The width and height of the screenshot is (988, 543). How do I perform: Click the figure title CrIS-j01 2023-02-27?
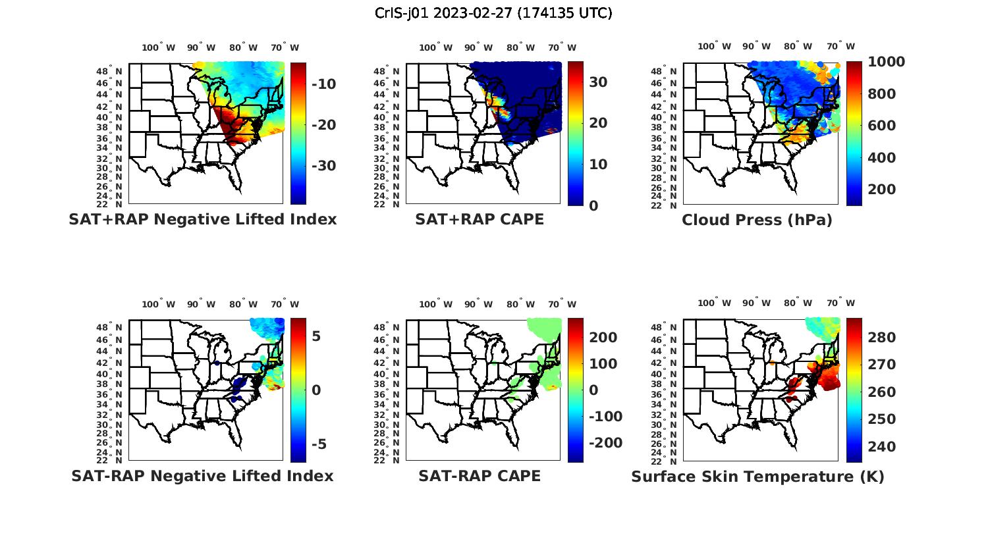click(x=493, y=13)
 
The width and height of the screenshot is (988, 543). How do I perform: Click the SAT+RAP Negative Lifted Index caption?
click(x=203, y=219)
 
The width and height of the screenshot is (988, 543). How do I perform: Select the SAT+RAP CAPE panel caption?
click(x=480, y=219)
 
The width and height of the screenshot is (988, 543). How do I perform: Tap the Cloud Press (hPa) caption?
click(x=757, y=220)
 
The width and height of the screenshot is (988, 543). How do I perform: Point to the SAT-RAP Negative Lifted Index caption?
click(x=202, y=476)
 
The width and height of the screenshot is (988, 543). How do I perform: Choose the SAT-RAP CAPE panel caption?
click(x=480, y=476)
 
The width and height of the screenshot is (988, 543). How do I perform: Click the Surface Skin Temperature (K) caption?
click(x=757, y=477)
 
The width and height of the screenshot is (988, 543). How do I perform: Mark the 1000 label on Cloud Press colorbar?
click(x=886, y=62)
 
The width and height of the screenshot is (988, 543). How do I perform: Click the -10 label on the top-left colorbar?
click(x=323, y=84)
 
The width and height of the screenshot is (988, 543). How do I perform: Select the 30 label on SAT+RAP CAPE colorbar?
click(x=598, y=82)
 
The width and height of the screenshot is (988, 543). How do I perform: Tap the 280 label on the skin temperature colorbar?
click(x=882, y=338)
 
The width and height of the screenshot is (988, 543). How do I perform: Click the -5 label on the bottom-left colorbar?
click(x=318, y=444)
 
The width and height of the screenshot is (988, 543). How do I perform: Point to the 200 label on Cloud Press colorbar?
click(x=882, y=190)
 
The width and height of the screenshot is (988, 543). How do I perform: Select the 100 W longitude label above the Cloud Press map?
click(x=714, y=47)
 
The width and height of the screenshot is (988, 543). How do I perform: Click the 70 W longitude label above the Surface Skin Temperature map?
click(x=841, y=303)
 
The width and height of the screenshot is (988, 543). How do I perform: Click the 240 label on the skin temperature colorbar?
click(x=882, y=447)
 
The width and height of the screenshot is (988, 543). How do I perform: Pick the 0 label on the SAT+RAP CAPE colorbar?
click(x=593, y=205)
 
